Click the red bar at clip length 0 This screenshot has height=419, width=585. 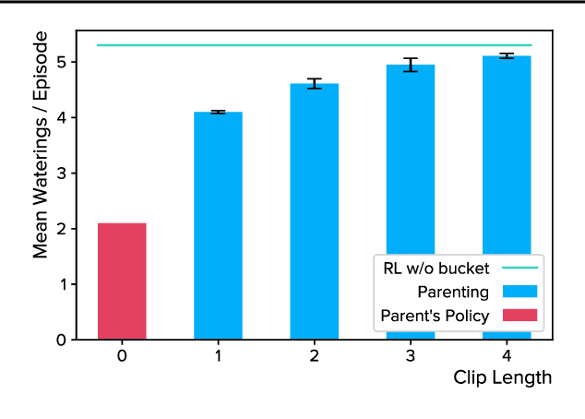(122, 281)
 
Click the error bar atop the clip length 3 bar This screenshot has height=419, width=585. (411, 65)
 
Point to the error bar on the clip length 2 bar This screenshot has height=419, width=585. (315, 83)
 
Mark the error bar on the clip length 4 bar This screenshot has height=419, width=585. (507, 56)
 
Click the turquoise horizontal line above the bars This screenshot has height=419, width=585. (277, 44)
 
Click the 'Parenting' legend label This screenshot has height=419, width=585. (452, 293)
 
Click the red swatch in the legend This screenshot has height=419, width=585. (519, 316)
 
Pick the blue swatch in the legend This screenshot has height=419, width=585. (519, 293)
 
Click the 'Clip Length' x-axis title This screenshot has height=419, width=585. (503, 377)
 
